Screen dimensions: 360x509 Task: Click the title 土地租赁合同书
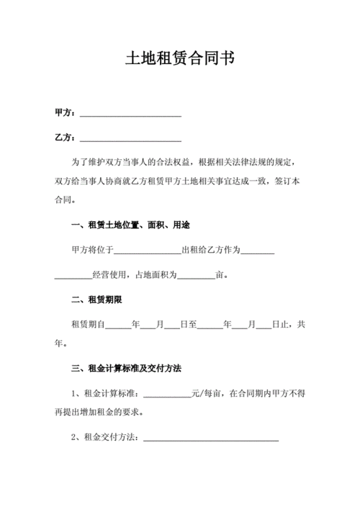click(180, 58)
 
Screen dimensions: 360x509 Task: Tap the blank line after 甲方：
click(130, 114)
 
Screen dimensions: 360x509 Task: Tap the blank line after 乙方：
click(130, 139)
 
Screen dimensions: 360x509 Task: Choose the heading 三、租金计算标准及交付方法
click(126, 369)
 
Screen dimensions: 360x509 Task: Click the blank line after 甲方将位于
click(147, 251)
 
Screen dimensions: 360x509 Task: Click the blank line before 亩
click(196, 276)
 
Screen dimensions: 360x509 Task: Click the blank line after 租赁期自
click(118, 325)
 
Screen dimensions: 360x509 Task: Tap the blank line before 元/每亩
click(167, 394)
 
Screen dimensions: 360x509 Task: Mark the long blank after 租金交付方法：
click(212, 438)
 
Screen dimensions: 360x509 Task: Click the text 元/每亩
click(208, 393)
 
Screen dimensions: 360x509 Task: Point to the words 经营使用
click(109, 275)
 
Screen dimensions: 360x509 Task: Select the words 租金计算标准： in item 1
click(113, 393)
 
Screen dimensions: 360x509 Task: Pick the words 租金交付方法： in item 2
click(113, 437)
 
